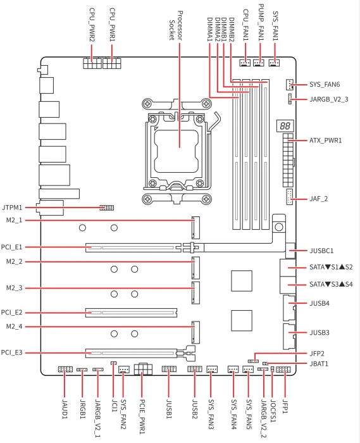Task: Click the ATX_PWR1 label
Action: pyautogui.click(x=326, y=140)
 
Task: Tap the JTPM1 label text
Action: pyautogui.click(x=12, y=208)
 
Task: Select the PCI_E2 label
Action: pyautogui.click(x=11, y=313)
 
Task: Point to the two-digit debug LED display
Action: pyautogui.click(x=285, y=126)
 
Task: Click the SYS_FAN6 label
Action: pyautogui.click(x=325, y=84)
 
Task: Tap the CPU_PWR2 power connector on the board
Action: pyautogui.click(x=92, y=63)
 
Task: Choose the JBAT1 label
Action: pyautogui.click(x=319, y=364)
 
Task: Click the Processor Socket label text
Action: pyautogui.click(x=176, y=26)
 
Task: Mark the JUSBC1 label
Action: pyautogui.click(x=321, y=251)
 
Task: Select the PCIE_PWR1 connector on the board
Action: pyautogui.click(x=143, y=369)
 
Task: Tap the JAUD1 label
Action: pyautogui.click(x=65, y=409)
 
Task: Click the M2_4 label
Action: pyautogui.click(x=14, y=327)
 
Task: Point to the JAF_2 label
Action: pyautogui.click(x=318, y=199)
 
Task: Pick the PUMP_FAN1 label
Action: pyautogui.click(x=261, y=22)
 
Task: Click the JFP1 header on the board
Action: pyautogui.click(x=283, y=369)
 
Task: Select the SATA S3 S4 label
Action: pyautogui.click(x=331, y=284)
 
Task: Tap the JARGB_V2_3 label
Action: pyautogui.click(x=329, y=99)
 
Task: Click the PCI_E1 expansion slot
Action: pyautogui.click(x=133, y=248)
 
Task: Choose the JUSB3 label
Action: pyautogui.click(x=320, y=332)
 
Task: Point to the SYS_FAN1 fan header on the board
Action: pyautogui.click(x=274, y=63)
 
